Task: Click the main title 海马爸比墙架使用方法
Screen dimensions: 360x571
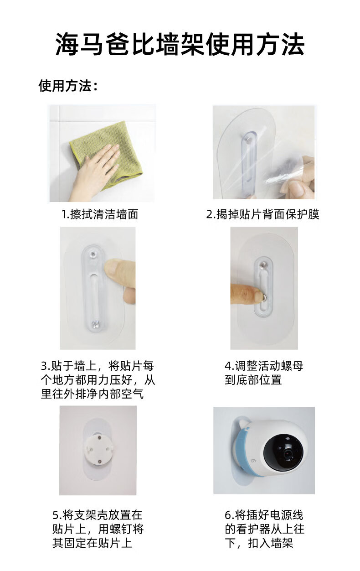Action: (180, 44)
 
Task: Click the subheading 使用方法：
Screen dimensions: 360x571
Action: (68, 86)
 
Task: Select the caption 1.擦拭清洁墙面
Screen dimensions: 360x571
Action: (100, 214)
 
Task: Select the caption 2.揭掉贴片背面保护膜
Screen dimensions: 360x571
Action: (262, 214)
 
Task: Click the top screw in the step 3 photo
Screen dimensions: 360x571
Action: (93, 254)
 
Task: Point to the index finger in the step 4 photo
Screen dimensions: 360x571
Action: (247, 295)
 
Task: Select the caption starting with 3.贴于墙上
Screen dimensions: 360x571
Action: (98, 380)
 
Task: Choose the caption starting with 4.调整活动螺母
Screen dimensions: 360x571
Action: (264, 373)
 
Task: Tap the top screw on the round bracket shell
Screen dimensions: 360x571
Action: (99, 438)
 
